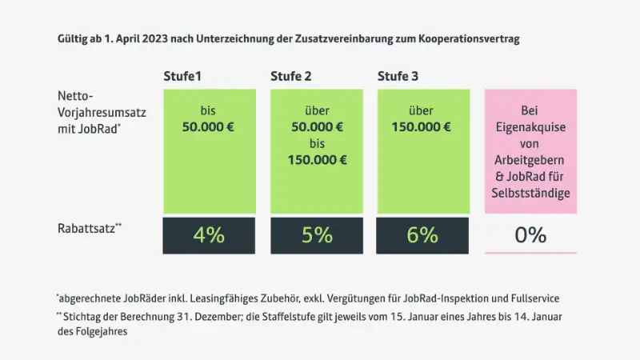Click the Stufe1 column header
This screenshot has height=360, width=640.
coord(182,77)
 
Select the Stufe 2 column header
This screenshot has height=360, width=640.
coord(291,77)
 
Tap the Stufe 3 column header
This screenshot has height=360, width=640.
coord(398,77)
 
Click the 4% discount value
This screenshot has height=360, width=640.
coord(209,235)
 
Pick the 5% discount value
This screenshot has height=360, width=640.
coord(317,235)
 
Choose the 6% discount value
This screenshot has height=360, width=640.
coord(423,235)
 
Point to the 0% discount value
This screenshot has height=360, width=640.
coord(530,235)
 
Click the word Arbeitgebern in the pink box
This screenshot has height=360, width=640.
coord(530,162)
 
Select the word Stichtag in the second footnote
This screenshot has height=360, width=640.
coord(84,316)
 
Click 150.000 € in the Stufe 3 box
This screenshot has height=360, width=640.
coord(423,127)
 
